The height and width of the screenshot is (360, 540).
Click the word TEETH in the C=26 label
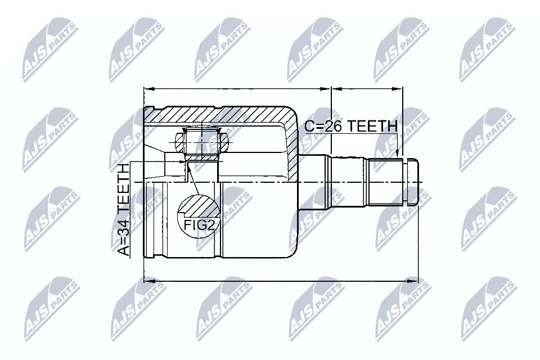point(372,126)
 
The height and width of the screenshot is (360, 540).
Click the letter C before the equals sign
point(309,126)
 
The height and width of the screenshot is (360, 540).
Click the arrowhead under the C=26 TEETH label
point(398,154)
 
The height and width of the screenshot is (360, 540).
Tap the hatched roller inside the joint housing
point(202,140)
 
